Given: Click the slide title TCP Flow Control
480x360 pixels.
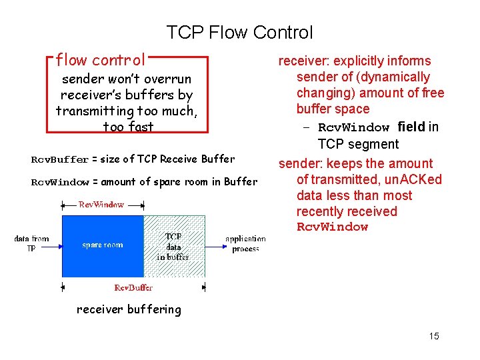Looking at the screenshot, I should (239, 32).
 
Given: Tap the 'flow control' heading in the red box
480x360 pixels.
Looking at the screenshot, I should (100, 61).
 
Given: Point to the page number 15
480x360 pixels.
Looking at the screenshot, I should (434, 336).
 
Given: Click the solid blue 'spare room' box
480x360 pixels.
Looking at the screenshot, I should (103, 245).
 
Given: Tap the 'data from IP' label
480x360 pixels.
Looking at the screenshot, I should (31, 243).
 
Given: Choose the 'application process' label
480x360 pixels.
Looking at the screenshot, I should (245, 243).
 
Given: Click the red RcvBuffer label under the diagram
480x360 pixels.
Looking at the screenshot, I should (133, 288).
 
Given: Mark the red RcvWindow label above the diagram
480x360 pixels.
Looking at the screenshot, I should (101, 205).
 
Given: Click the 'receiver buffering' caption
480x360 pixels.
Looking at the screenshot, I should (129, 309).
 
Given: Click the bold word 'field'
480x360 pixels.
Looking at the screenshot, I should (411, 127).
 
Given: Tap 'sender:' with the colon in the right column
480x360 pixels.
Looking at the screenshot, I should (300, 163).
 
